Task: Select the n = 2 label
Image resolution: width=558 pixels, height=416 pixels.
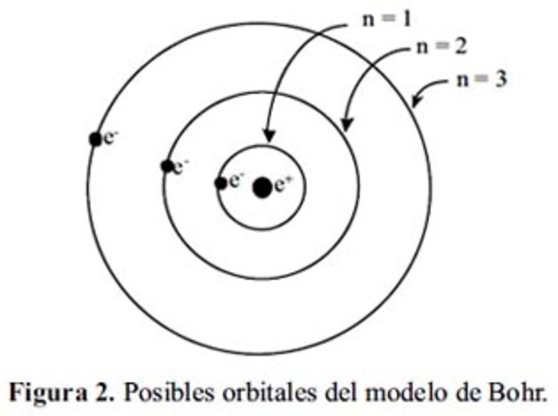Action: (x=438, y=46)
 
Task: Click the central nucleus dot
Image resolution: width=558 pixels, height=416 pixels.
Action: (x=262, y=186)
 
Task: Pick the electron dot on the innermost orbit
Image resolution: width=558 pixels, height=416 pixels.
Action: (x=221, y=183)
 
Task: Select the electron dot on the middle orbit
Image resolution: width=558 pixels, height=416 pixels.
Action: (x=167, y=166)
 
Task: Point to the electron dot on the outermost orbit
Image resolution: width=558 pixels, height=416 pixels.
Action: (x=96, y=139)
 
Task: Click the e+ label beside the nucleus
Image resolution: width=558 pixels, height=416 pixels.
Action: (x=282, y=185)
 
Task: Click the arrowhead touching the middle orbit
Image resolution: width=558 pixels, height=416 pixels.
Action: (x=346, y=125)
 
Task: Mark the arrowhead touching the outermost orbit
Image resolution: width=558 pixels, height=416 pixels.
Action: (x=417, y=103)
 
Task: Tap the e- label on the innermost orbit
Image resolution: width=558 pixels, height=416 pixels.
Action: (x=235, y=181)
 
